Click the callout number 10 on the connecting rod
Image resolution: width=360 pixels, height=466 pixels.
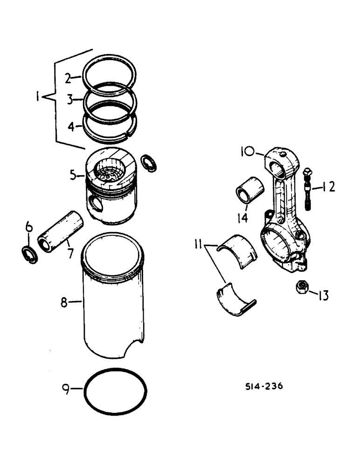[247, 151]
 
